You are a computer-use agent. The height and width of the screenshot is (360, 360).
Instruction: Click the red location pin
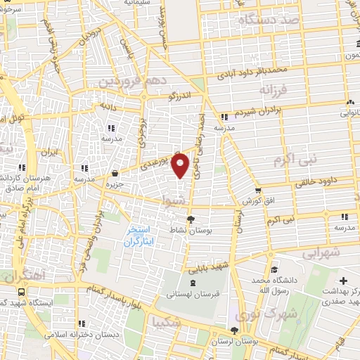181,165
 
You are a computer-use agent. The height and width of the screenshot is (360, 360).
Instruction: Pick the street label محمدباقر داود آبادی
271,71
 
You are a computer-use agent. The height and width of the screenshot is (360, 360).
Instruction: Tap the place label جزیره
115,183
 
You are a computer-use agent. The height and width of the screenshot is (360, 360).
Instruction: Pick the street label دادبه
108,106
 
